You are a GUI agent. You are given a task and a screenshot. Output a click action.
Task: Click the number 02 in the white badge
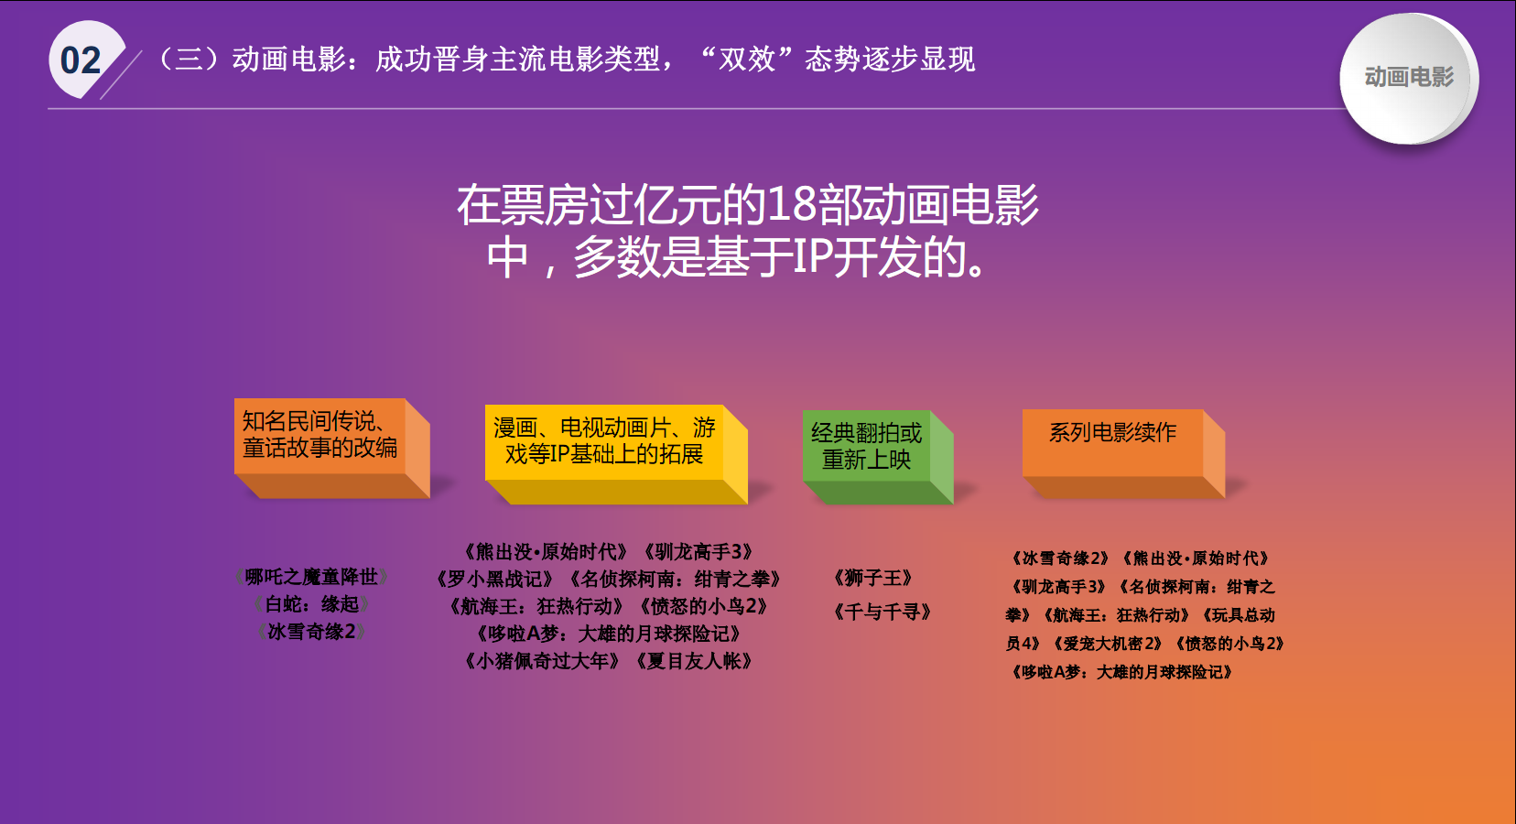[81, 60]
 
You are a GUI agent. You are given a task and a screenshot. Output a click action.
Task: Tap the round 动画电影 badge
[1408, 78]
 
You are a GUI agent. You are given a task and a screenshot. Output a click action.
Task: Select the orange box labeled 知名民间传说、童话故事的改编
[331, 449]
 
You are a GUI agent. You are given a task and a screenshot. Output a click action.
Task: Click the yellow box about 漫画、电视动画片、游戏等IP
[616, 454]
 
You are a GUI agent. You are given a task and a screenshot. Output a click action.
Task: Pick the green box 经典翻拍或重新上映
[878, 457]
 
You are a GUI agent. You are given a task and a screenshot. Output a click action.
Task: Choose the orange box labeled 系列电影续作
[1123, 453]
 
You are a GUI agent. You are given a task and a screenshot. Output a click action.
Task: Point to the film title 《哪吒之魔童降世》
[311, 577]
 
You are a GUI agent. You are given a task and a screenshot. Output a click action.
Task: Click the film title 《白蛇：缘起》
[311, 604]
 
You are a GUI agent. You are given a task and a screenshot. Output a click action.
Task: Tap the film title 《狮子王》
[873, 579]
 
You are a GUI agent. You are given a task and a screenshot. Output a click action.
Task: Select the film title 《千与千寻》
[882, 613]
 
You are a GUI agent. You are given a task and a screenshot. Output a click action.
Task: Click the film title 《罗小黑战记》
[494, 579]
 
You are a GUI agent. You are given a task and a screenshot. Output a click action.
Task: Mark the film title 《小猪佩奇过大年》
[542, 661]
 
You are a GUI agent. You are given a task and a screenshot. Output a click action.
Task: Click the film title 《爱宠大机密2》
[1108, 644]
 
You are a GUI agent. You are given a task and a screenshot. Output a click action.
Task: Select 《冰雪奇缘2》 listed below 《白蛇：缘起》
[311, 632]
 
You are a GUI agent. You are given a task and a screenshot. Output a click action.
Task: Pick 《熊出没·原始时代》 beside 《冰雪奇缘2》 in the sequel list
[1197, 558]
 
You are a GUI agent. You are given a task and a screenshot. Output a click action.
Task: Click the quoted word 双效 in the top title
[747, 60]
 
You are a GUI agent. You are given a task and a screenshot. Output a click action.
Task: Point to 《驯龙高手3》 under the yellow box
[698, 552]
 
